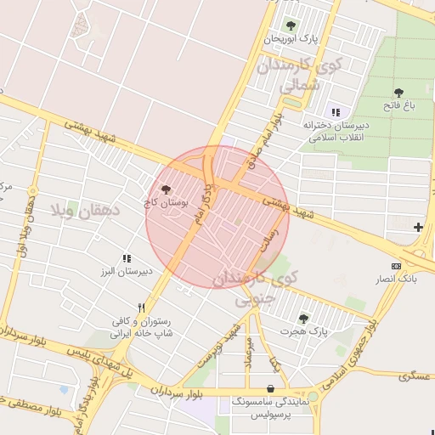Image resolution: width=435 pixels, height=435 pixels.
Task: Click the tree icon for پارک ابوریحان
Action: pos(291,25)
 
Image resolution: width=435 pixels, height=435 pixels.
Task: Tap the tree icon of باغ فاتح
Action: pos(398,93)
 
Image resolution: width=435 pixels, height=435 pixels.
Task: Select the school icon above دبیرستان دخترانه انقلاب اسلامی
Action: pos(336,112)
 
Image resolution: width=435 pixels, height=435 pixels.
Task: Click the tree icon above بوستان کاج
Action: pos(166,189)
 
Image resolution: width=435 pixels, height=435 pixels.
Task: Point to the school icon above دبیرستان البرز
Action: pos(127,258)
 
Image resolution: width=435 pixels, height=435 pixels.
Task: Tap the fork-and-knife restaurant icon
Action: pos(142,308)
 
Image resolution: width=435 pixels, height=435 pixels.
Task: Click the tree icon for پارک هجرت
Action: pos(303,318)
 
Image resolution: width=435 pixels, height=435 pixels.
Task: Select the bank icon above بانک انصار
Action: pos(397,266)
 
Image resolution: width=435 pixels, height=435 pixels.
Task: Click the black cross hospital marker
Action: pos(418,227)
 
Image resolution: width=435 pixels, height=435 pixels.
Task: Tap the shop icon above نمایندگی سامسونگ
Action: pos(270,388)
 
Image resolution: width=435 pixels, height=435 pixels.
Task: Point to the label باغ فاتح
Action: pos(398,105)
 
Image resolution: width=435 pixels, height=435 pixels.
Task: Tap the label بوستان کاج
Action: pos(166,204)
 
